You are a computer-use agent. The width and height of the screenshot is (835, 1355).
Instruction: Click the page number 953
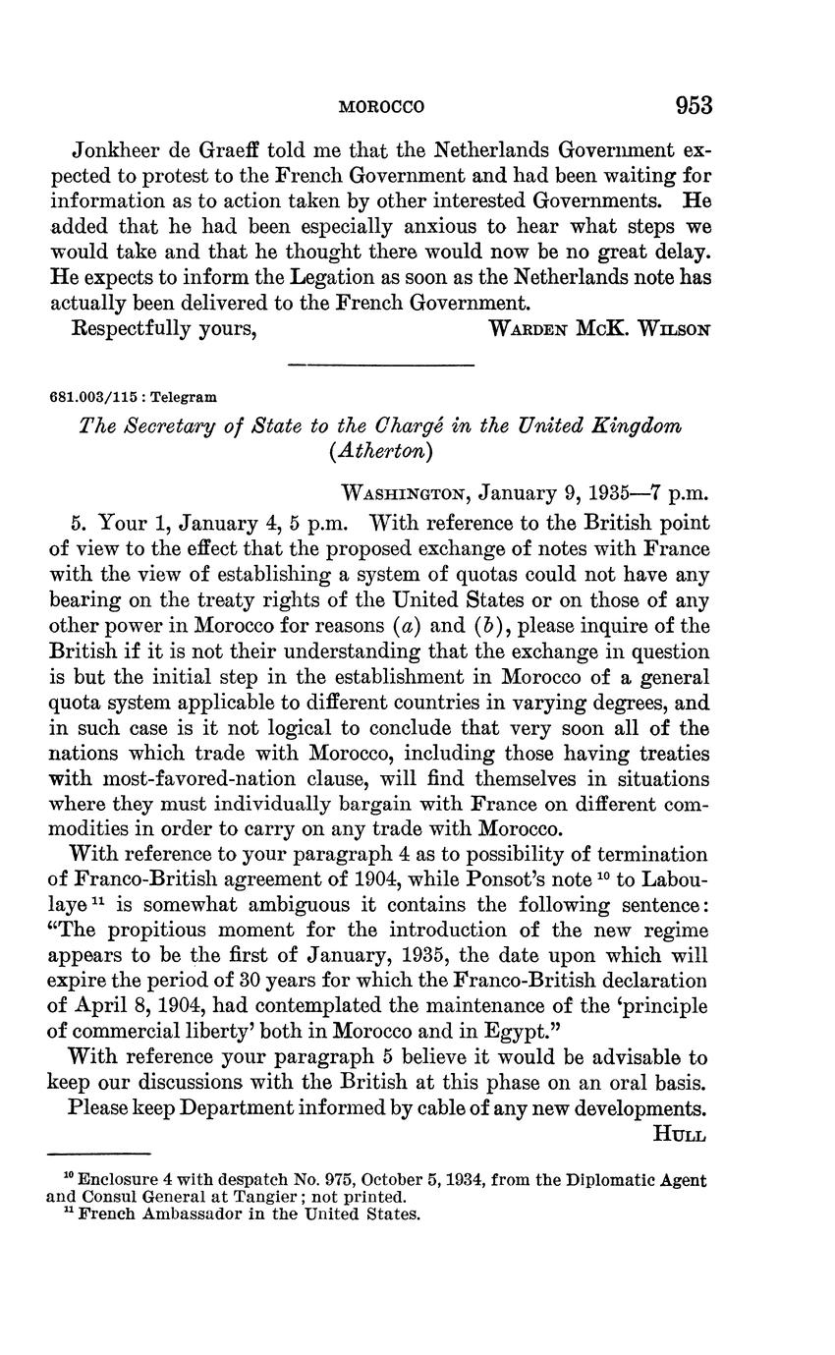click(693, 105)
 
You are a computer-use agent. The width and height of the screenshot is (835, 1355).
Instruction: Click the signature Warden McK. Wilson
click(598, 329)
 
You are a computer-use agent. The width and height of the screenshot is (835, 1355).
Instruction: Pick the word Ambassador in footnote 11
click(190, 1214)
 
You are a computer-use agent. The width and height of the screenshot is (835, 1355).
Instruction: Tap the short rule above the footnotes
click(98, 1154)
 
